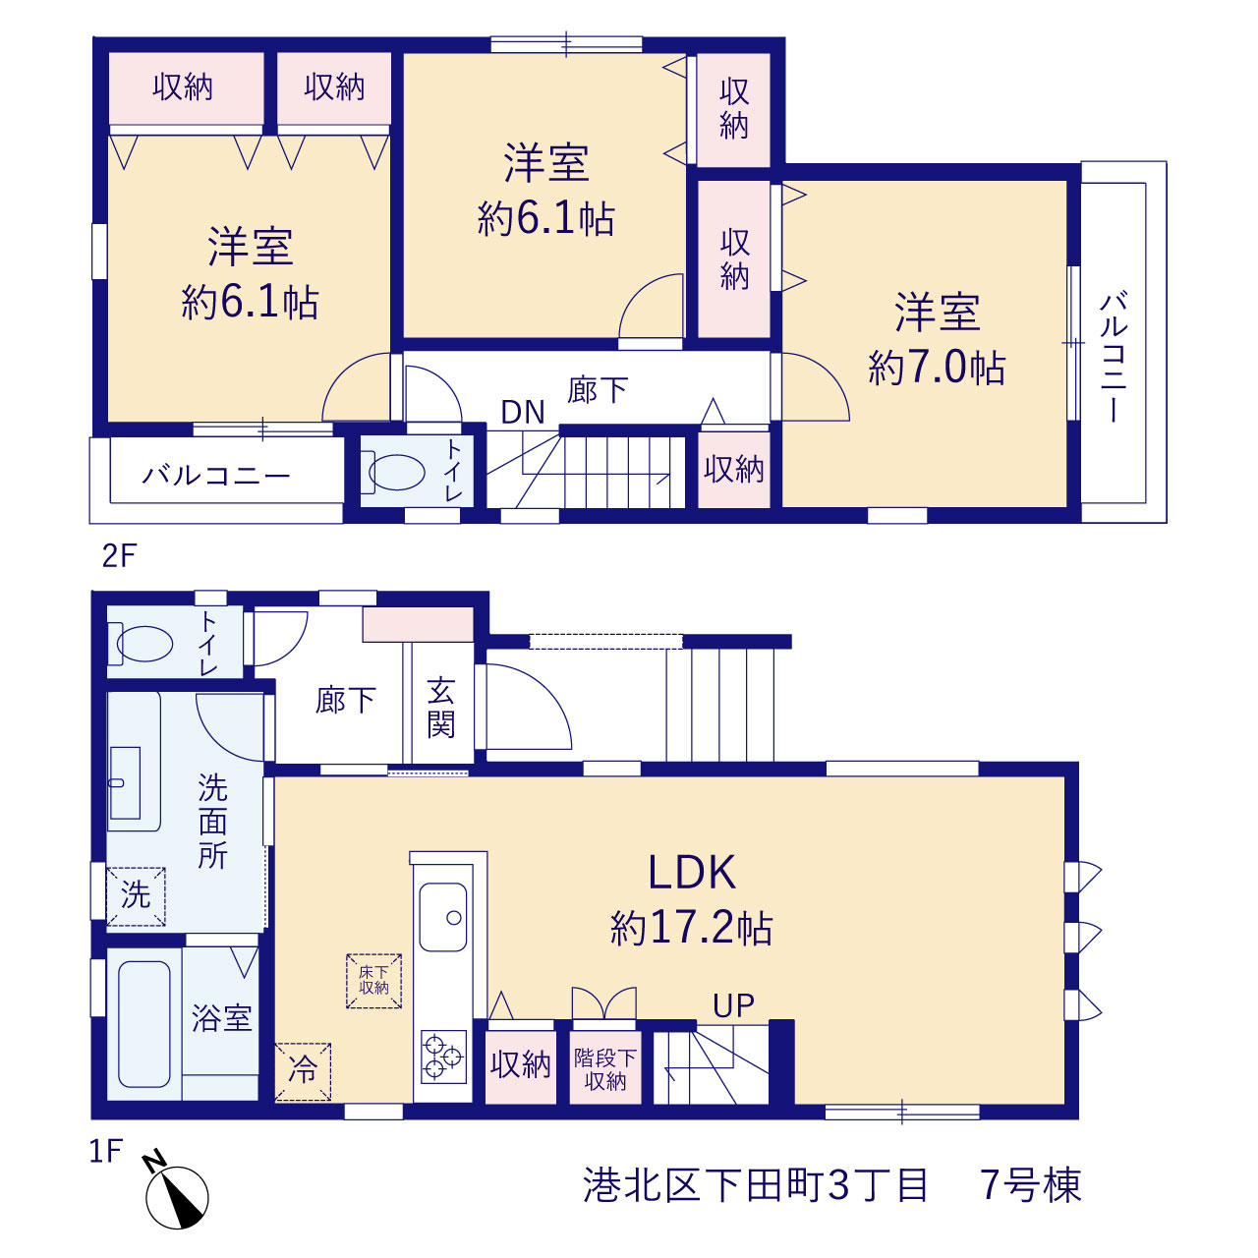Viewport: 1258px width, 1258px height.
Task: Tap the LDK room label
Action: coord(691,872)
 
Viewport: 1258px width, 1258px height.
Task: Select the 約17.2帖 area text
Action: coord(691,928)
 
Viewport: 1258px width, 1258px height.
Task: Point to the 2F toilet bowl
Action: coord(396,472)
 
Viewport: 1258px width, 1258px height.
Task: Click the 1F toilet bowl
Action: coord(144,644)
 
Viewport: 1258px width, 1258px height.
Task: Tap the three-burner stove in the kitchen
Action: coord(443,1057)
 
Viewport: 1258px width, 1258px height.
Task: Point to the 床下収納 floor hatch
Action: coord(373,981)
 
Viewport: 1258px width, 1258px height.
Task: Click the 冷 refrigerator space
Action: coord(303,1071)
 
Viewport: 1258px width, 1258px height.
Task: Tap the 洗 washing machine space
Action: coord(136,896)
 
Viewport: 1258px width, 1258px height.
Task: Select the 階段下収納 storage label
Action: coord(605,1069)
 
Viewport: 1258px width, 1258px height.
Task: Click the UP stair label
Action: coord(733,1006)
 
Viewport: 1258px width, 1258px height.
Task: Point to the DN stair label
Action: coord(522,412)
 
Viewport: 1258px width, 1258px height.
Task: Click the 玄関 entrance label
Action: coord(440,709)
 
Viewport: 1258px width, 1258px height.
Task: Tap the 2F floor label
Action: coord(119,556)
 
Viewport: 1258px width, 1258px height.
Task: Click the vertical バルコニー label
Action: coord(1114,358)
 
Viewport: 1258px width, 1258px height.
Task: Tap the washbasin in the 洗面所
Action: coord(125,782)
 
